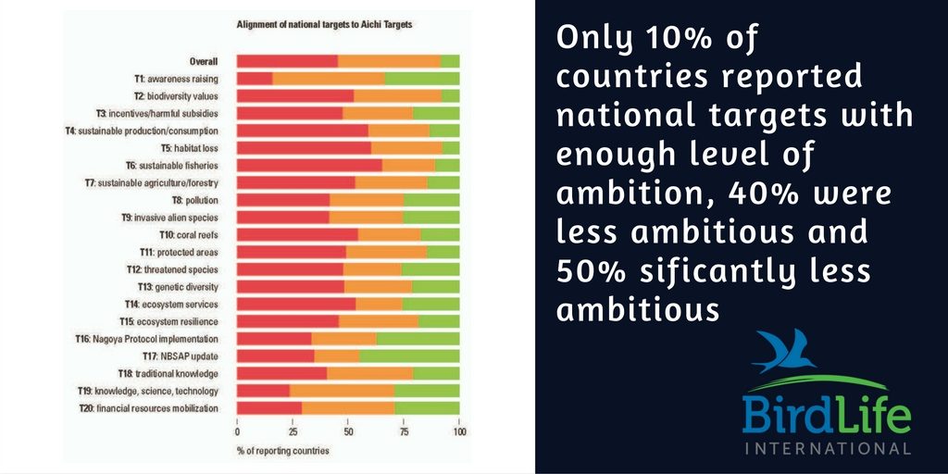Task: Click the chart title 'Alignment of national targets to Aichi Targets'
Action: [x=324, y=25]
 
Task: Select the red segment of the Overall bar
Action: [x=287, y=61]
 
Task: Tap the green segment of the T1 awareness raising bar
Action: [x=422, y=79]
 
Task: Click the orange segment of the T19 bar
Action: [x=342, y=391]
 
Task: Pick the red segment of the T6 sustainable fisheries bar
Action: [x=309, y=165]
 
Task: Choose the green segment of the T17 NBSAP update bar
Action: [x=409, y=356]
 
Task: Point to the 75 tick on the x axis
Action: [x=404, y=432]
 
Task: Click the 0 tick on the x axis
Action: [x=237, y=432]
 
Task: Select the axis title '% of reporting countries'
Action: [x=282, y=451]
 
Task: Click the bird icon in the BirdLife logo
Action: [x=781, y=351]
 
